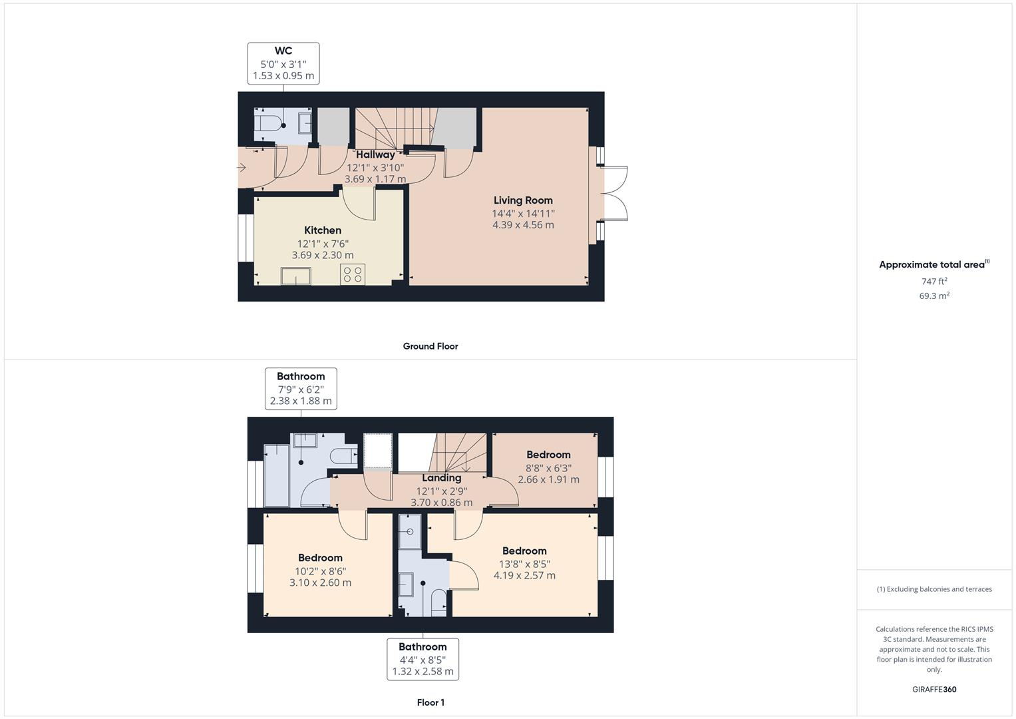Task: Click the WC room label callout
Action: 283,63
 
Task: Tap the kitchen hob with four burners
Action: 352,274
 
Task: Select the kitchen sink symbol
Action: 295,276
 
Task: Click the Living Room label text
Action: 523,200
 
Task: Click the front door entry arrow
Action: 242,168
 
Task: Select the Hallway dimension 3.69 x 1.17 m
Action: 375,179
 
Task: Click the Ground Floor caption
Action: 430,346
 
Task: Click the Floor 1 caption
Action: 430,702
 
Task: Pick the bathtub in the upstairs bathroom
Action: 277,475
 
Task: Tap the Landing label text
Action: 441,478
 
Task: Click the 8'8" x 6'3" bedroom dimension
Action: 548,468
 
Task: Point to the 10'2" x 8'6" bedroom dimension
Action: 320,571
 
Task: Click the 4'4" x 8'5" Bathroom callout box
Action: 423,659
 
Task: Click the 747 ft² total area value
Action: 934,282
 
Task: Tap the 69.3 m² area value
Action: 934,296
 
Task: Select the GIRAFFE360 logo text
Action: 934,689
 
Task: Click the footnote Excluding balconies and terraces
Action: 934,589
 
